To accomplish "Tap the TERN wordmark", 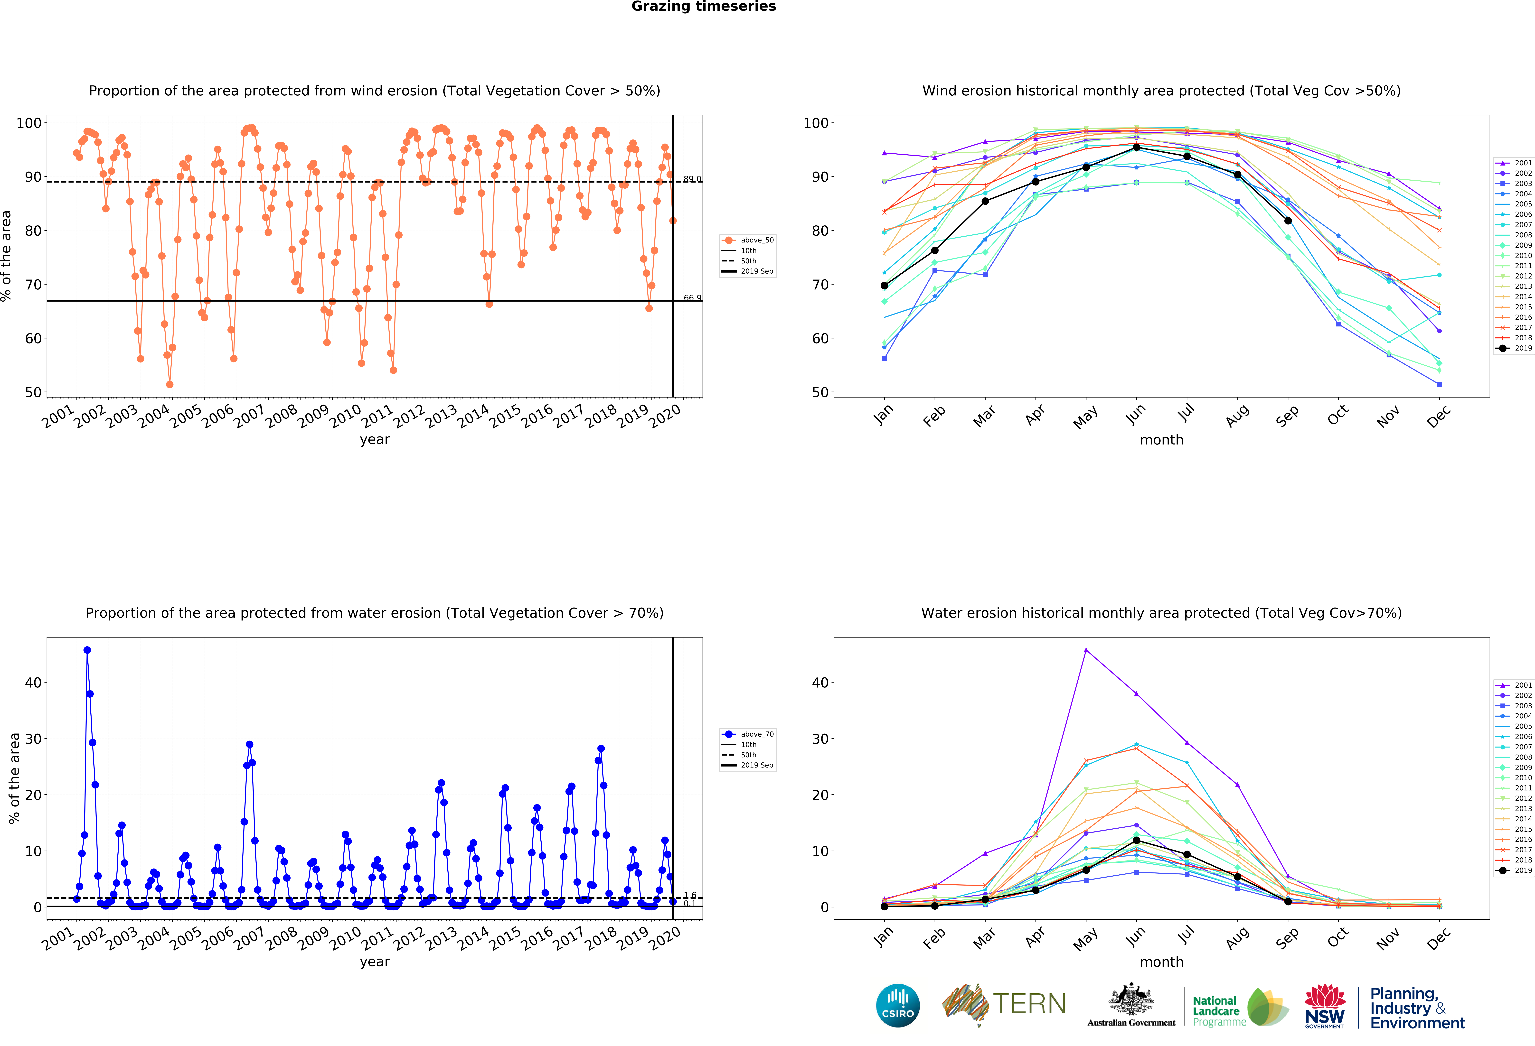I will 1029,1004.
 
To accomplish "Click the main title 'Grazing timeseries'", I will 703,7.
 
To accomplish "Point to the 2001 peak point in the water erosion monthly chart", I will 1086,650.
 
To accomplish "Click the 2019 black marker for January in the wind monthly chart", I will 884,286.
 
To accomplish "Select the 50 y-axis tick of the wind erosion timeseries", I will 33,392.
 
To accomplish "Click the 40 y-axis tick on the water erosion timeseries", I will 33,683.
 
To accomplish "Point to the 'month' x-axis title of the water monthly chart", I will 1161,962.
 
